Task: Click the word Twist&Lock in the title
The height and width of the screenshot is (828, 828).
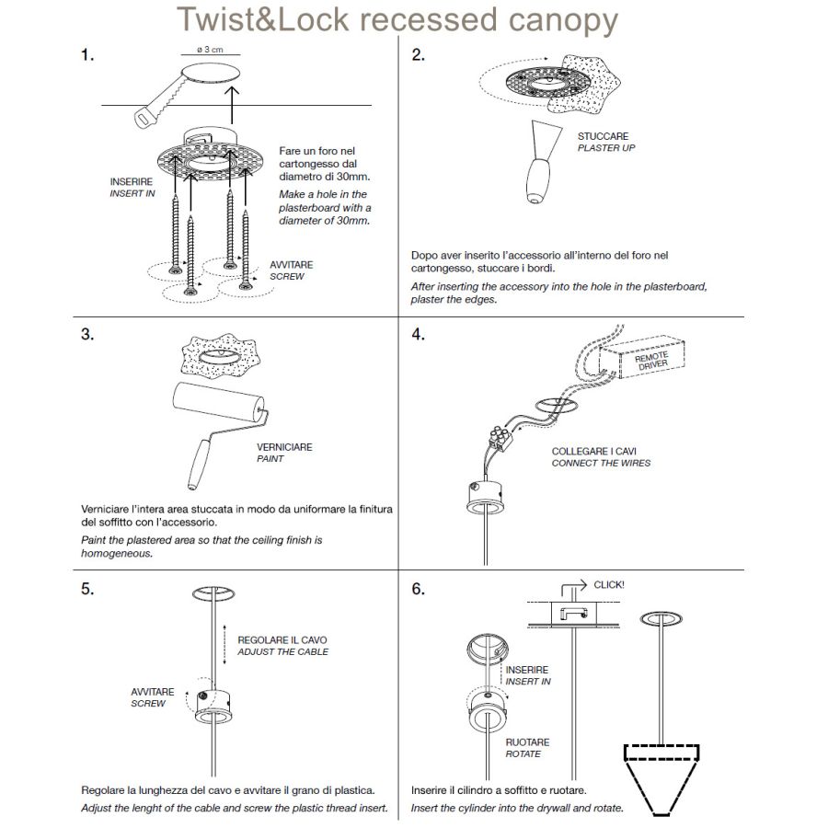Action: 263,18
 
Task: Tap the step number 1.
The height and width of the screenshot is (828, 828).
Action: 87,56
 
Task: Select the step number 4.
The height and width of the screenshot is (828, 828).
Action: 419,334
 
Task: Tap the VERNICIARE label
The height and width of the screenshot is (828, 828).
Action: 284,447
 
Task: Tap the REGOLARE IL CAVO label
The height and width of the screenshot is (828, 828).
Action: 282,639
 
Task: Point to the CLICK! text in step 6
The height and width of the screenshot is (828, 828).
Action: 609,585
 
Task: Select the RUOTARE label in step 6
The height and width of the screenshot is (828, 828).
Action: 527,742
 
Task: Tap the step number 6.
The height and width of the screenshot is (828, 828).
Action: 419,590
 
